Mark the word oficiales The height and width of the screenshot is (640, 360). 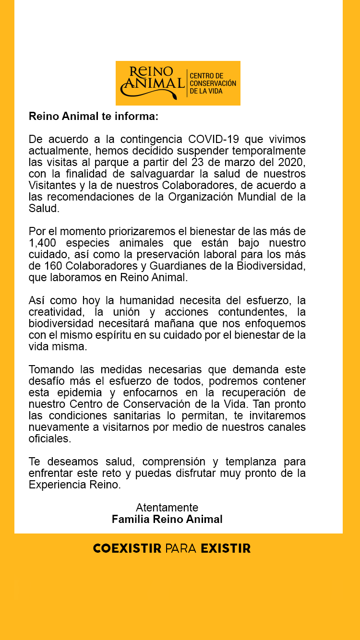pos(49,439)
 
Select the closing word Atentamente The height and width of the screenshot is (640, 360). pos(167,508)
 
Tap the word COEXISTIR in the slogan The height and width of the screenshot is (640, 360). pos(127,548)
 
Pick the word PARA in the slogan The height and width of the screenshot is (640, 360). pos(181,548)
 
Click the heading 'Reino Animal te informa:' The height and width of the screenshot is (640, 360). pos(94,116)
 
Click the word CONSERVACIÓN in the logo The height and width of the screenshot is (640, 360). pos(213,83)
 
